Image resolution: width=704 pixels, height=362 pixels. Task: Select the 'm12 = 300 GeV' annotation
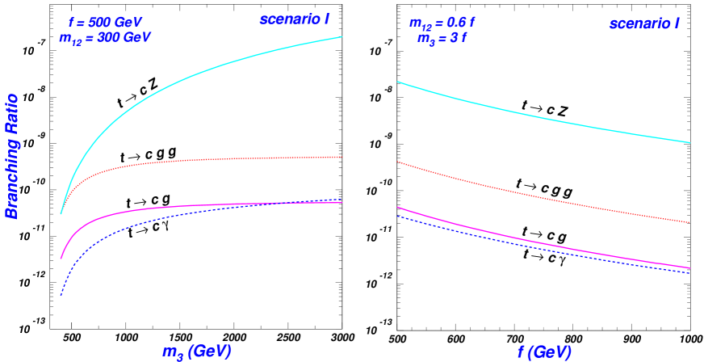tap(105, 37)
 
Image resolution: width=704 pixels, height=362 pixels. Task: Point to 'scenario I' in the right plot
tap(643, 23)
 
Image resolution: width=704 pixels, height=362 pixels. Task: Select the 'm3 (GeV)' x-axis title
tap(197, 351)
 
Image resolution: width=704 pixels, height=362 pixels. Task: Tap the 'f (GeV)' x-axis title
tap(544, 352)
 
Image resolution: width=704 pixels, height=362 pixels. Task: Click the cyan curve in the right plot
tap(541, 113)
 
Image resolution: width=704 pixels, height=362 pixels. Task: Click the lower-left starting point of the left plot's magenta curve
tap(61, 259)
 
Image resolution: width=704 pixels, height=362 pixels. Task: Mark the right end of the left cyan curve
tap(342, 37)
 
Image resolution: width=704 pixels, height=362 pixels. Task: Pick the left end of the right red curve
tap(398, 162)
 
